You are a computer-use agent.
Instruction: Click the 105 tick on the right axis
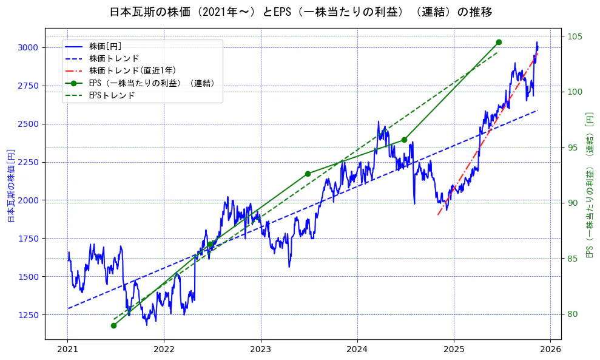pyautogui.click(x=574, y=36)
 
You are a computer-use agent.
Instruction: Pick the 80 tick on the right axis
pyautogui.click(x=572, y=314)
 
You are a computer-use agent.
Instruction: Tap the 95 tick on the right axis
pyautogui.click(x=572, y=148)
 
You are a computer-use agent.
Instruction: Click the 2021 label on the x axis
pyautogui.click(x=67, y=349)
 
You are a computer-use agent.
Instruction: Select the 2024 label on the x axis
pyautogui.click(x=357, y=349)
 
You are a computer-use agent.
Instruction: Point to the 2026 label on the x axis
pyautogui.click(x=550, y=349)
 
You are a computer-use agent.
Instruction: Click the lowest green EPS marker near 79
pyautogui.click(x=113, y=325)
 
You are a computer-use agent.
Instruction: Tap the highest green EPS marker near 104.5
pyautogui.click(x=499, y=42)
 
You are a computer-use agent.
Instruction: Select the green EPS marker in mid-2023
pyautogui.click(x=308, y=174)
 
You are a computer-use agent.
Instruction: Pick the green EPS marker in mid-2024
pyautogui.click(x=404, y=140)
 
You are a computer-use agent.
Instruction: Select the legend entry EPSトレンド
pyautogui.click(x=112, y=95)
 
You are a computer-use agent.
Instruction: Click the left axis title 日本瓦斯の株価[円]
pyautogui.click(x=10, y=185)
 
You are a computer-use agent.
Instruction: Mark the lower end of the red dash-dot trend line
pyautogui.click(x=438, y=215)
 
